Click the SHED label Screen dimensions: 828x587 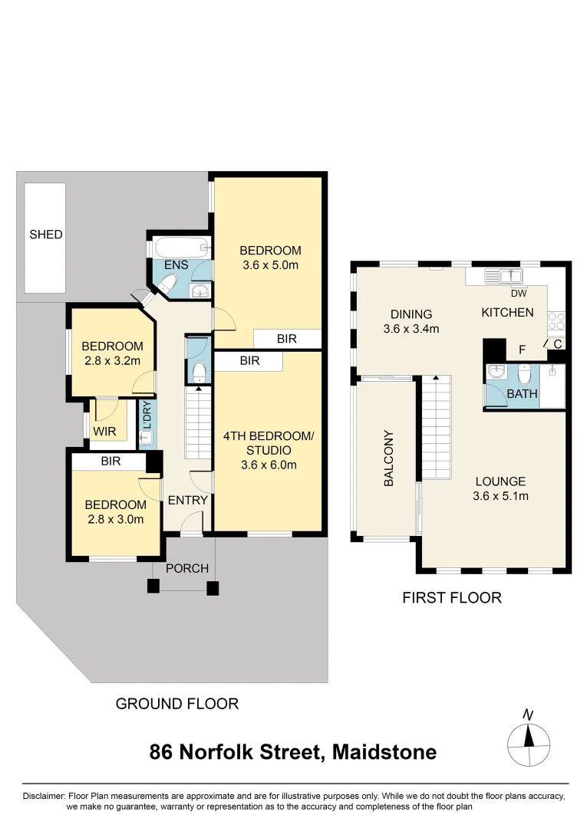pyautogui.click(x=46, y=235)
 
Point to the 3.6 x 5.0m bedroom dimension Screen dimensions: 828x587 pyautogui.click(x=269, y=265)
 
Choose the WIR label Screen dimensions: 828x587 pyautogui.click(x=104, y=432)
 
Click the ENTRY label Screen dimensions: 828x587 pyautogui.click(x=187, y=501)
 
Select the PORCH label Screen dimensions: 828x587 pyautogui.click(x=187, y=568)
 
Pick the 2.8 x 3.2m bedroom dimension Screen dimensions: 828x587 pyautogui.click(x=112, y=360)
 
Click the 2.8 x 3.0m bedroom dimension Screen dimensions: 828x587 pyautogui.click(x=115, y=519)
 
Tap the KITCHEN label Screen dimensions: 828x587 pyautogui.click(x=507, y=313)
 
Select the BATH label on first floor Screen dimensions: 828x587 pyautogui.click(x=522, y=394)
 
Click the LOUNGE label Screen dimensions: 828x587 pyautogui.click(x=500, y=481)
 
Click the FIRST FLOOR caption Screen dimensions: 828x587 pyautogui.click(x=452, y=598)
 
